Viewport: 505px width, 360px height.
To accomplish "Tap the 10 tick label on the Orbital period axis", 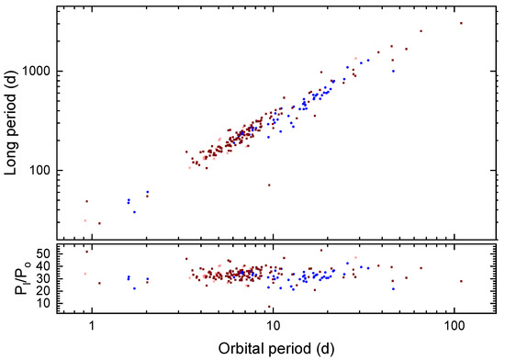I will [x=272, y=325].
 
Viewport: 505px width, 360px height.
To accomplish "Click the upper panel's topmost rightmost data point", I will [x=461, y=23].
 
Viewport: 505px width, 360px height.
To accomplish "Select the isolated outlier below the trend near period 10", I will [x=269, y=185].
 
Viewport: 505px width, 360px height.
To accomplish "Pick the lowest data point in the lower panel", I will [x=269, y=307].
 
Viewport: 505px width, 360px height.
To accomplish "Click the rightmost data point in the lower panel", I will [x=461, y=281].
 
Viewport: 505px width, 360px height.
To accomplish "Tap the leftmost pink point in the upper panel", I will [x=85, y=220].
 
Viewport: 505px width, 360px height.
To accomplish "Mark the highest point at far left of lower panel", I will [x=87, y=251].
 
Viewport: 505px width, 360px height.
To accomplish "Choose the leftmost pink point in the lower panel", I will [x=85, y=273].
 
